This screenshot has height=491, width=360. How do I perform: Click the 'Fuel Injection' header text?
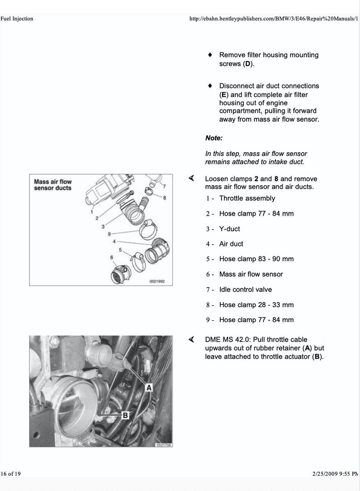[17, 19]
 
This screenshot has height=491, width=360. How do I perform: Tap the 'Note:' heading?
[214, 138]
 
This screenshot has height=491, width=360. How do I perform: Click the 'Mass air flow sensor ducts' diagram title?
[53, 185]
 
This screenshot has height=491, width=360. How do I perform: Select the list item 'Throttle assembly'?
[247, 198]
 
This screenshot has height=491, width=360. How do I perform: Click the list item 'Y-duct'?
[229, 229]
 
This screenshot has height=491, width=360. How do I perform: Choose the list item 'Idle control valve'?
[245, 289]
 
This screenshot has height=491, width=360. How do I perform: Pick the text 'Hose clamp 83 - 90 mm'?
[256, 259]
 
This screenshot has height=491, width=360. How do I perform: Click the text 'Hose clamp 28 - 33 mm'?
[256, 305]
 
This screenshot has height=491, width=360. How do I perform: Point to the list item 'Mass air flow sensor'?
[251, 274]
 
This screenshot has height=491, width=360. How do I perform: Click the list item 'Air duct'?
[231, 244]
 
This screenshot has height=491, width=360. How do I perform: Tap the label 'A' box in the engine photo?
[148, 387]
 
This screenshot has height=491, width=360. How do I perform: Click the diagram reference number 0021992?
[157, 281]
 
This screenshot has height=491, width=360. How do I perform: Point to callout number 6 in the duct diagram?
[111, 257]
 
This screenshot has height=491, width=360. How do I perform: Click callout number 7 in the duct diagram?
[164, 186]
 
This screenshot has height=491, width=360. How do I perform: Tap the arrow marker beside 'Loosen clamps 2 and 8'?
[192, 178]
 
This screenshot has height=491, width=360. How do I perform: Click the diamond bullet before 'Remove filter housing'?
[210, 55]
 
